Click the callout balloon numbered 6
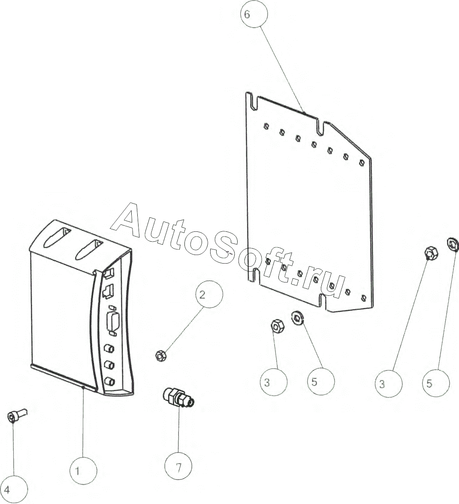coord(253,14)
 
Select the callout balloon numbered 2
coord(209,295)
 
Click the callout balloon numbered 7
coord(178,467)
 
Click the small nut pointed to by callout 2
coord(160,355)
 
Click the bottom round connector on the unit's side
coord(110,381)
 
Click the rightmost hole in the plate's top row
coord(362,162)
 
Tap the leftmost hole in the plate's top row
coord(266,126)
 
